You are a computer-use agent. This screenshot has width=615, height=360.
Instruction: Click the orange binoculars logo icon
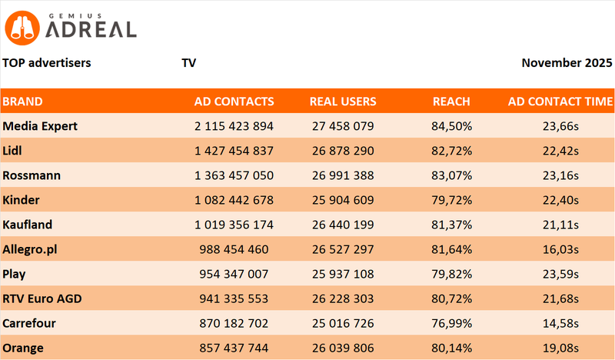click(23, 28)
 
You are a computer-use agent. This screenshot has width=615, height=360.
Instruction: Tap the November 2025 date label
click(567, 62)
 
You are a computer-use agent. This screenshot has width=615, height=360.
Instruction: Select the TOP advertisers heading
click(47, 62)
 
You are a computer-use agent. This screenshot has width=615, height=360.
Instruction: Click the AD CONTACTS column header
click(234, 102)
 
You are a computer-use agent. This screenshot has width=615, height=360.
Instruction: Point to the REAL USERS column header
click(343, 102)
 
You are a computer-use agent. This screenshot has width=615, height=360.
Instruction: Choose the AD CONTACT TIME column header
click(560, 102)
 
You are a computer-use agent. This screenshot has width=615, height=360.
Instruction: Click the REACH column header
click(451, 102)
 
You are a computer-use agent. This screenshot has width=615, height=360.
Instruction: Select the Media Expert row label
click(41, 125)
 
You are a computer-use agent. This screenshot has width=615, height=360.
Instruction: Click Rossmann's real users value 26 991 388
click(343, 175)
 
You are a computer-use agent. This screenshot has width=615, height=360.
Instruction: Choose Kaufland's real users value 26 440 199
click(343, 225)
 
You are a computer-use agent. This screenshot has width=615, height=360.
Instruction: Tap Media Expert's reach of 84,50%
click(451, 125)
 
